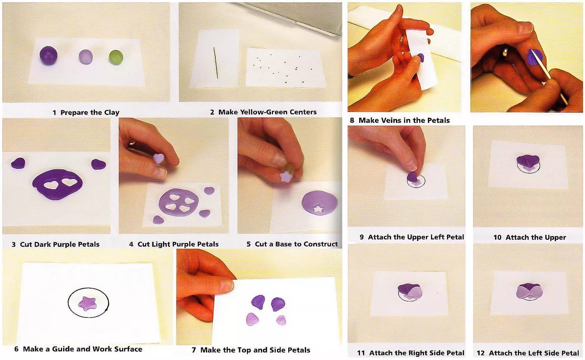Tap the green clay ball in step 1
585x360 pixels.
click(116, 58)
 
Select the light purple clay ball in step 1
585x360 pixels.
click(86, 57)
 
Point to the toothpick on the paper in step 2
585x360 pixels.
click(216, 63)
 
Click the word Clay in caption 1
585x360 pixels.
click(112, 113)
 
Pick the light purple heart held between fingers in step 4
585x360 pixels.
click(158, 158)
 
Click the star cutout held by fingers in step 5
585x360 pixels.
click(286, 176)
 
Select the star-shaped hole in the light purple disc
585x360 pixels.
click(318, 209)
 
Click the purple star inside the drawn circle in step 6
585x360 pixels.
click(88, 303)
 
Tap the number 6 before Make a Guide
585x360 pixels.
click(16, 349)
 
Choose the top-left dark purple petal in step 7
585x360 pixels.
click(258, 302)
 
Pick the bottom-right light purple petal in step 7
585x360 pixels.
click(281, 320)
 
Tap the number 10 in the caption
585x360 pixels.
click(497, 237)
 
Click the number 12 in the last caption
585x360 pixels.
click(480, 353)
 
